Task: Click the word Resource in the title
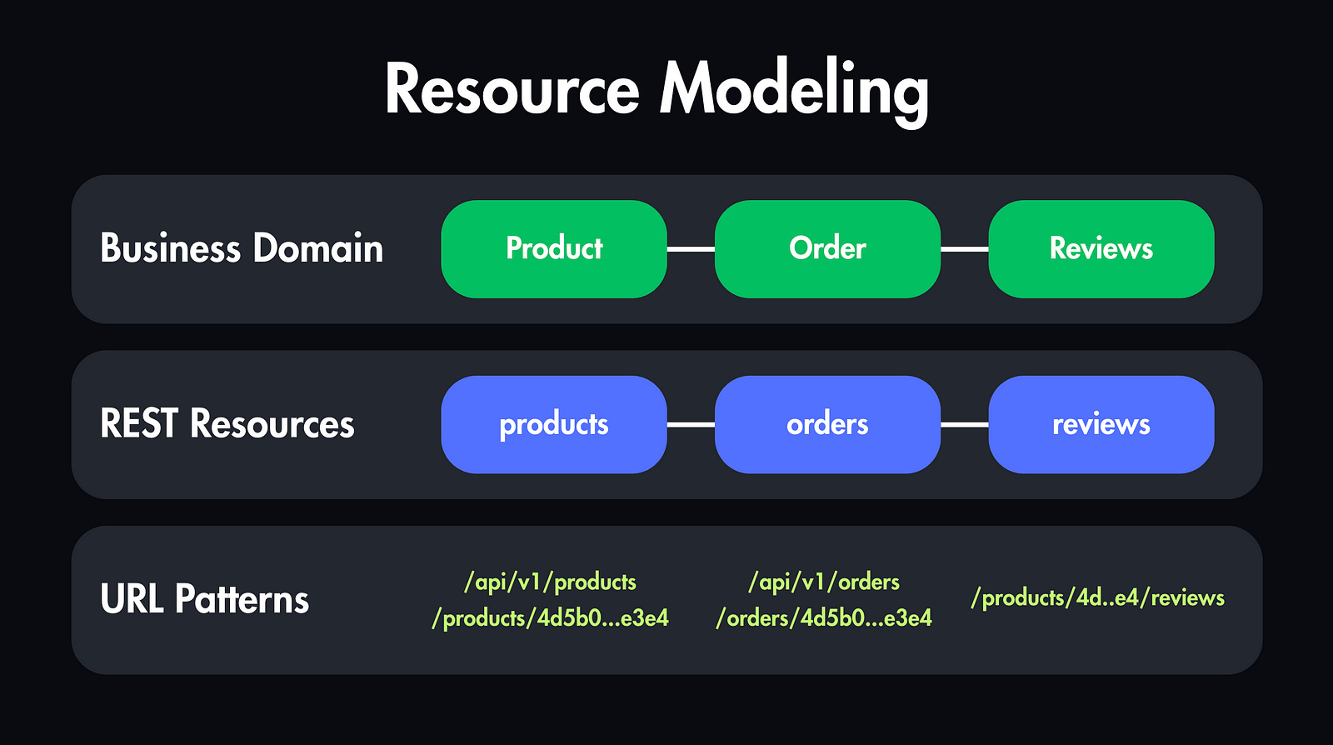512,90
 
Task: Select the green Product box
554,248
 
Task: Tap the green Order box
827,248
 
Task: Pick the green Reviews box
1101,248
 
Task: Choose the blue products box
554,424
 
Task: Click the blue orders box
827,424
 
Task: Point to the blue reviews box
1101,424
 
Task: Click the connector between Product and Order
691,248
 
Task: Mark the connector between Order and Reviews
965,248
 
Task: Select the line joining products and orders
691,424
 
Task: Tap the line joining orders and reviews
965,424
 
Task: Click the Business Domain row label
242,248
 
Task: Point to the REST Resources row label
227,424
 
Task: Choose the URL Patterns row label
204,599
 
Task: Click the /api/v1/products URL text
550,582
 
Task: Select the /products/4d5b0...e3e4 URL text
550,618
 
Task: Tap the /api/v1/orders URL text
824,582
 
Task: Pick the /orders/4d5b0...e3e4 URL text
824,618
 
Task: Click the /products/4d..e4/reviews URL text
1097,597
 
